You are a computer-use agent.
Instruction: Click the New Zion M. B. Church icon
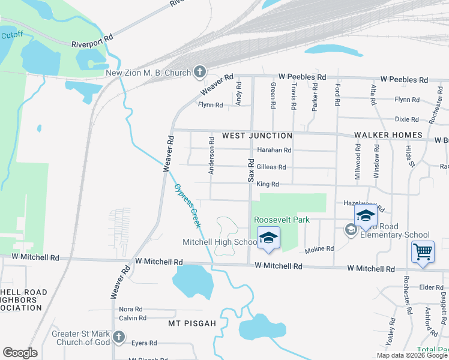click(x=200, y=73)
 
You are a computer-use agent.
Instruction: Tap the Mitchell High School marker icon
click(x=269, y=238)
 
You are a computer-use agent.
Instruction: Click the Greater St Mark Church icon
click(x=119, y=337)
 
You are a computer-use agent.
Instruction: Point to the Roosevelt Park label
click(x=282, y=220)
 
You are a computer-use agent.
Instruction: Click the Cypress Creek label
click(x=187, y=205)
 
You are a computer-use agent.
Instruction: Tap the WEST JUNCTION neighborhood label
click(x=257, y=136)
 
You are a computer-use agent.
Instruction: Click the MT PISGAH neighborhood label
click(x=193, y=323)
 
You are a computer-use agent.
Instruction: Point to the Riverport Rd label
click(x=92, y=44)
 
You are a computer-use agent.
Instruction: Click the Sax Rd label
click(x=251, y=167)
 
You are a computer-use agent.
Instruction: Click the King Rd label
click(x=268, y=184)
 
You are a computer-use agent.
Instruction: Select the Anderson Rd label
click(x=211, y=155)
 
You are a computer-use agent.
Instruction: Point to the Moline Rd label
click(x=319, y=248)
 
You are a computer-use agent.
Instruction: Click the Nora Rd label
click(x=130, y=309)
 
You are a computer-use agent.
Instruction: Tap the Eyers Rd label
click(x=144, y=343)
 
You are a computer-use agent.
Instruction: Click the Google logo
click(x=20, y=353)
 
